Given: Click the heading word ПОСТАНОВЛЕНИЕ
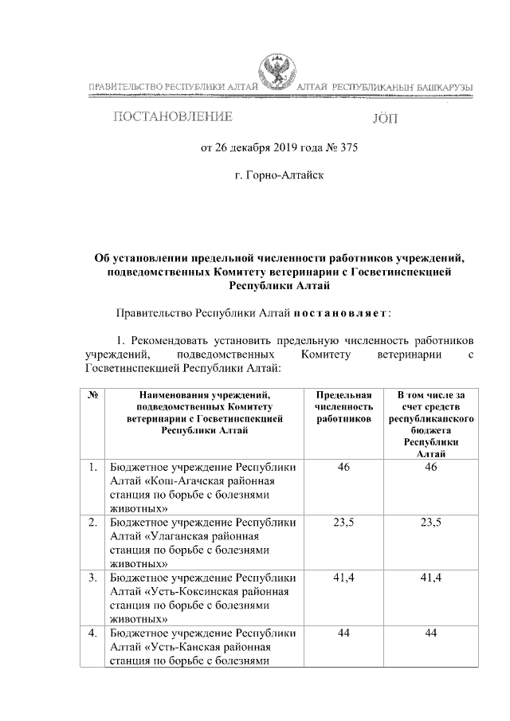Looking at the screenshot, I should (174, 117).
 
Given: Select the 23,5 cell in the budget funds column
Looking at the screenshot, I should (430, 523).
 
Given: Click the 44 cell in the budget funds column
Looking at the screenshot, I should (430, 634).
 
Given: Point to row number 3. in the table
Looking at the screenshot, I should (93, 578).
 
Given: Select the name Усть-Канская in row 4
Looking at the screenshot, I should (179, 648).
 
